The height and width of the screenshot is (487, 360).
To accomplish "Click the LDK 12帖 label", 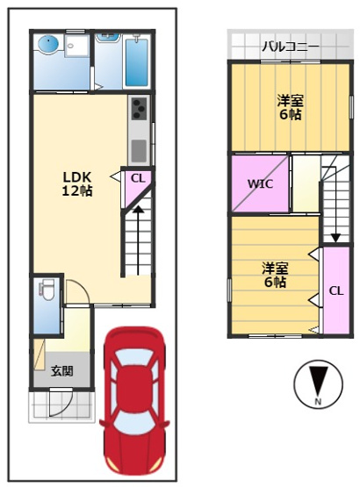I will pos(76,182).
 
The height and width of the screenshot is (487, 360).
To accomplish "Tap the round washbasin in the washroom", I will pos(47,43).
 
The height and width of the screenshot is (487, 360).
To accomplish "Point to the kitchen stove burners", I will pos(140,110).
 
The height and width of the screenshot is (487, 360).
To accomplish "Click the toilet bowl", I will pos(47,290).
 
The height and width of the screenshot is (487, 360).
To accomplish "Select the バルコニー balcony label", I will pos(290,47).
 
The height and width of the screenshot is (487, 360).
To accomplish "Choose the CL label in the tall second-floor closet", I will pos(335,290).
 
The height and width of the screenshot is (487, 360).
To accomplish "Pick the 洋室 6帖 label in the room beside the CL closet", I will pos(273,274).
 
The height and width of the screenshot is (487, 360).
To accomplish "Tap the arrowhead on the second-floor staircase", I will pos(335,236).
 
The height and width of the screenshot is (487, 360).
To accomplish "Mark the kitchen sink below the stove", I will pos(140,149).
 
